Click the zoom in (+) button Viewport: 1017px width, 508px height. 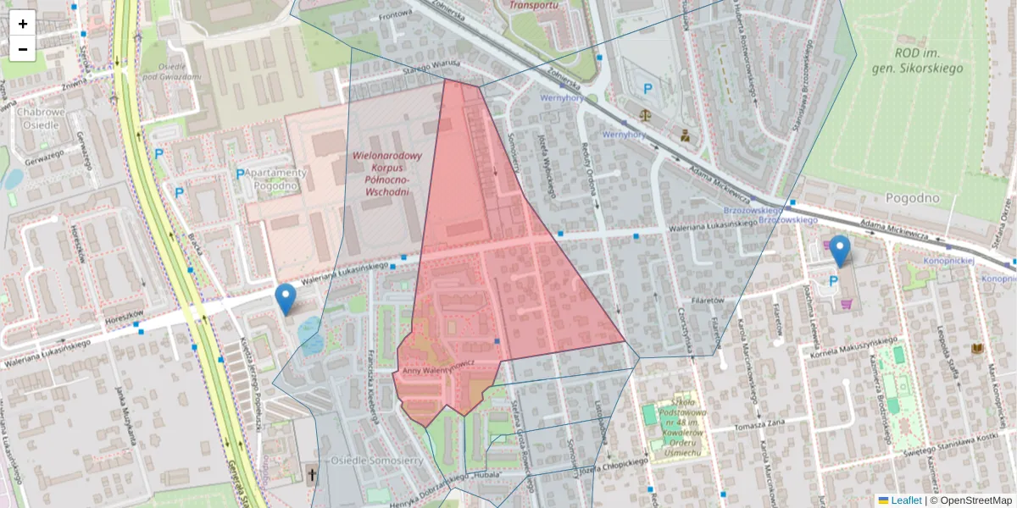(23, 23)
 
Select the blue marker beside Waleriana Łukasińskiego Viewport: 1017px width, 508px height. (286, 299)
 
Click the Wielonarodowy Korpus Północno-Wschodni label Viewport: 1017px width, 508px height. (386, 174)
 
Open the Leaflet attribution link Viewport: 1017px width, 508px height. (906, 500)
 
